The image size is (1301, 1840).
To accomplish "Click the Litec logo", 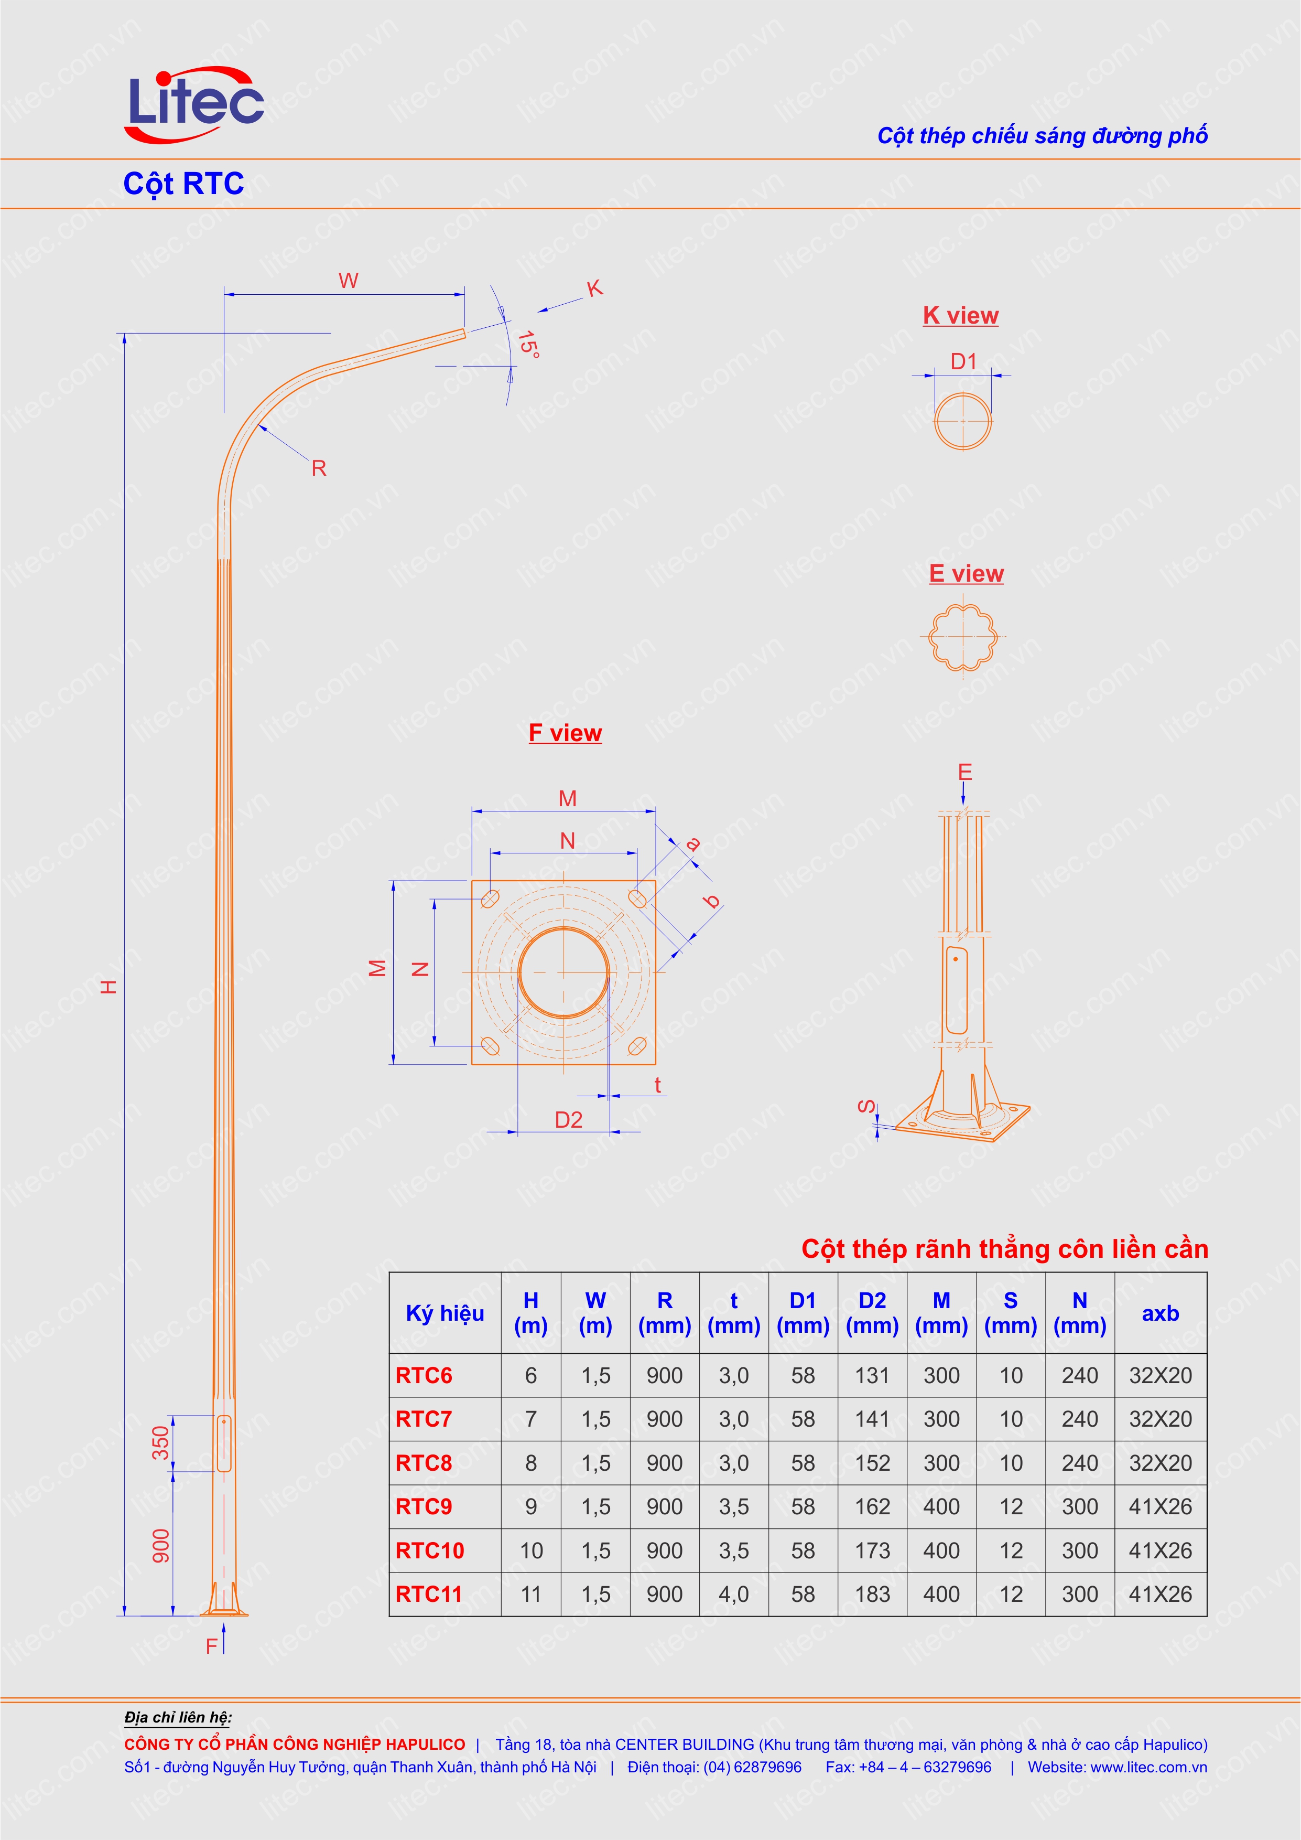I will [194, 104].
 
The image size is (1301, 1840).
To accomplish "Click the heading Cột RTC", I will [183, 184].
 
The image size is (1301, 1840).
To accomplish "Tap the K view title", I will [960, 316].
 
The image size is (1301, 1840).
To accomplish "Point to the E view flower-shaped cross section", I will [962, 637].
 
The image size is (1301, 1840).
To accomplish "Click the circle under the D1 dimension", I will [962, 421].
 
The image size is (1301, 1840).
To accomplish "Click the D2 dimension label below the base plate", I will [568, 1119].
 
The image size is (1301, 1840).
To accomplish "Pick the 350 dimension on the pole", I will [161, 1442].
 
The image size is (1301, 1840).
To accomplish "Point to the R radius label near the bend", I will [318, 468].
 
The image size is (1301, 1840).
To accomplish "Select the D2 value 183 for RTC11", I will [872, 1594].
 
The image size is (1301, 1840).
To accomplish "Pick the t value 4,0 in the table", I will [733, 1594].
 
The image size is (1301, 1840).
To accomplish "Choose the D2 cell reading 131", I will [872, 1375].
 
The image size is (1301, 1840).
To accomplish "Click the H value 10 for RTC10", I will [530, 1550].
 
